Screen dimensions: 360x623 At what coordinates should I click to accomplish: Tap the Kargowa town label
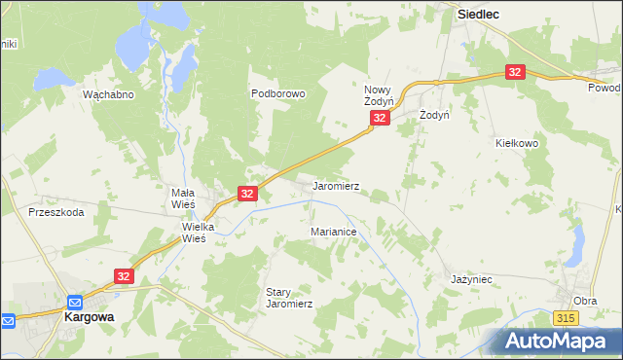(91, 317)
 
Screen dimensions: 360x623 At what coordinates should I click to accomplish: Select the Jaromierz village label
(336, 186)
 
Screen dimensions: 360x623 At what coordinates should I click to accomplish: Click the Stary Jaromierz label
(289, 298)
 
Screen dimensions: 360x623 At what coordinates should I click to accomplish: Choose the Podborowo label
(278, 94)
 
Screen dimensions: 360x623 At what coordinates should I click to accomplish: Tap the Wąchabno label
(108, 94)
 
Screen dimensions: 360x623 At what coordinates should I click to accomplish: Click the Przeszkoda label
(55, 211)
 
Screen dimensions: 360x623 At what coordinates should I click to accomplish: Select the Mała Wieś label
(177, 199)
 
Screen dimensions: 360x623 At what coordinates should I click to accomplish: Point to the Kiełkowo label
(515, 143)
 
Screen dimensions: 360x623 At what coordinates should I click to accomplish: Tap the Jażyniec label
(471, 279)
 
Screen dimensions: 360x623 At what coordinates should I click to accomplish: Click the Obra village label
(585, 301)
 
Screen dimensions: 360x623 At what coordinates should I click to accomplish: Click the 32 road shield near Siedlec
(516, 72)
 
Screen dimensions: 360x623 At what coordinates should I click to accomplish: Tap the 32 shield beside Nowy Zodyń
(380, 118)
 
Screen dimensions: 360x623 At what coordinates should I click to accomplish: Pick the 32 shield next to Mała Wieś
(247, 194)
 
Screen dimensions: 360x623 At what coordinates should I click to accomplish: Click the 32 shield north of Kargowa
(124, 277)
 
